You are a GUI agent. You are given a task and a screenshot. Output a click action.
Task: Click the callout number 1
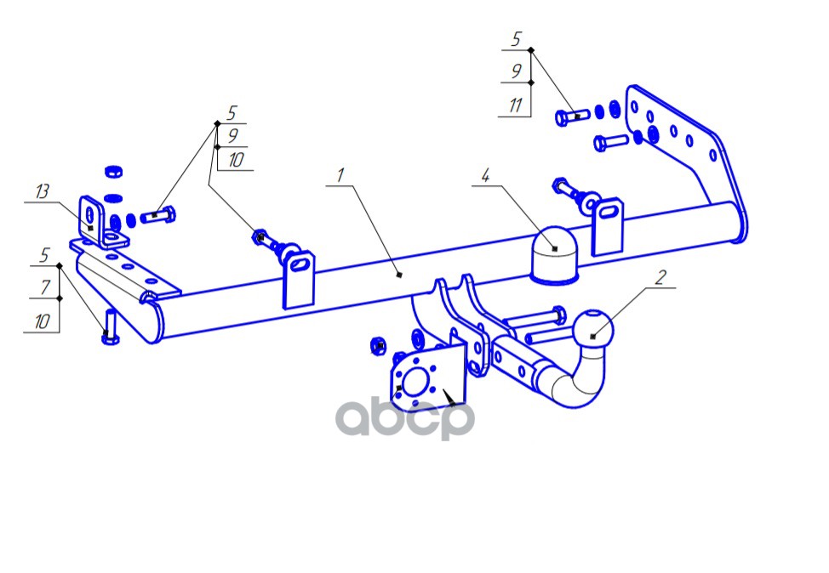(x=341, y=175)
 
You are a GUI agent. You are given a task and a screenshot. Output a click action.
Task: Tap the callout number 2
(x=660, y=277)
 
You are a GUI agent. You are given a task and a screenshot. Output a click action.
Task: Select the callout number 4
(x=485, y=175)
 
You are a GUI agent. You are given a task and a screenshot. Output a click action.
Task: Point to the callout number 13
(x=43, y=191)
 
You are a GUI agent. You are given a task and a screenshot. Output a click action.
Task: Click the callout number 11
(x=516, y=105)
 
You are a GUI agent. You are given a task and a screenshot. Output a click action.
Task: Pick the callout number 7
(x=45, y=287)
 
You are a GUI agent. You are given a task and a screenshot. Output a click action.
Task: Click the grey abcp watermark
(x=405, y=418)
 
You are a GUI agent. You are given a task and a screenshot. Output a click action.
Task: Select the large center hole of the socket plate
(x=415, y=382)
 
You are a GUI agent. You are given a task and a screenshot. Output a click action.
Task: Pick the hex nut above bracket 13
(x=114, y=172)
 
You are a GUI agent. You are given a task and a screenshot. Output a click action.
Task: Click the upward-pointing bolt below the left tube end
(x=110, y=326)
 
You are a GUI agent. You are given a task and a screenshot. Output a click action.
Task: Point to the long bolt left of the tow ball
(x=535, y=317)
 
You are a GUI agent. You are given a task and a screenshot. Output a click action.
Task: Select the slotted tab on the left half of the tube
(x=299, y=280)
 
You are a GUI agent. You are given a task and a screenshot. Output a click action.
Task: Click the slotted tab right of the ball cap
(x=608, y=226)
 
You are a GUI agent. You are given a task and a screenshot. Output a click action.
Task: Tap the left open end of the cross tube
(x=151, y=318)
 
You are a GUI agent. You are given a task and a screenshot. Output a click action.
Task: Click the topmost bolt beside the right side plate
(x=572, y=116)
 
